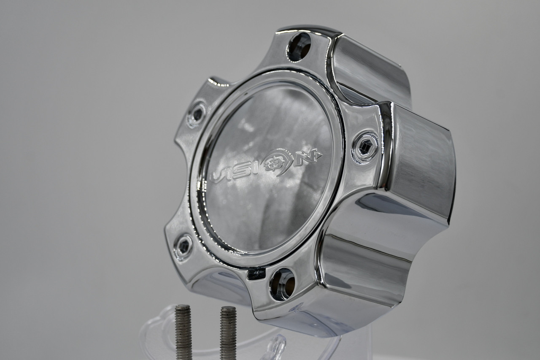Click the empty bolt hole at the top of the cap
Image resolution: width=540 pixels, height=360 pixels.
pyautogui.click(x=299, y=47)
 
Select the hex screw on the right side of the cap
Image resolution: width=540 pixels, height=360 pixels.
pyautogui.click(x=365, y=147)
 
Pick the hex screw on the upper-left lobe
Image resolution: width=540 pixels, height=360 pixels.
pyautogui.click(x=196, y=114)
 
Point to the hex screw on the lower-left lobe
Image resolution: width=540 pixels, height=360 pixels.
pyautogui.click(x=183, y=246)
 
